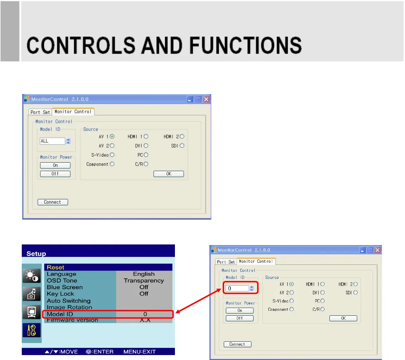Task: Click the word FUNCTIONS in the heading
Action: (x=246, y=45)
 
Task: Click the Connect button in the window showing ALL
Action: (x=53, y=202)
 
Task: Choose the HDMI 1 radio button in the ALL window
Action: (x=146, y=136)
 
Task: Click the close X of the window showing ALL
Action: (x=206, y=99)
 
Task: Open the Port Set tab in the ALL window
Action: (x=40, y=112)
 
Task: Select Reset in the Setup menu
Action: (x=55, y=267)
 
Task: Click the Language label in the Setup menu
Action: (x=61, y=274)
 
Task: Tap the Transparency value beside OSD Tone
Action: (x=144, y=281)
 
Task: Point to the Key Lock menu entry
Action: (x=60, y=294)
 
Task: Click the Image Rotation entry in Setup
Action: (x=69, y=307)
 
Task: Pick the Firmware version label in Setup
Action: (x=72, y=320)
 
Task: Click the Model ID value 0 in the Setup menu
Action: (x=145, y=314)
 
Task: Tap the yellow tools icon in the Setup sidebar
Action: (x=32, y=330)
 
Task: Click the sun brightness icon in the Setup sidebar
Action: (x=32, y=276)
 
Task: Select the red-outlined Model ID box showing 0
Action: (x=241, y=288)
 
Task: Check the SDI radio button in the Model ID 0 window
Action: (x=355, y=292)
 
